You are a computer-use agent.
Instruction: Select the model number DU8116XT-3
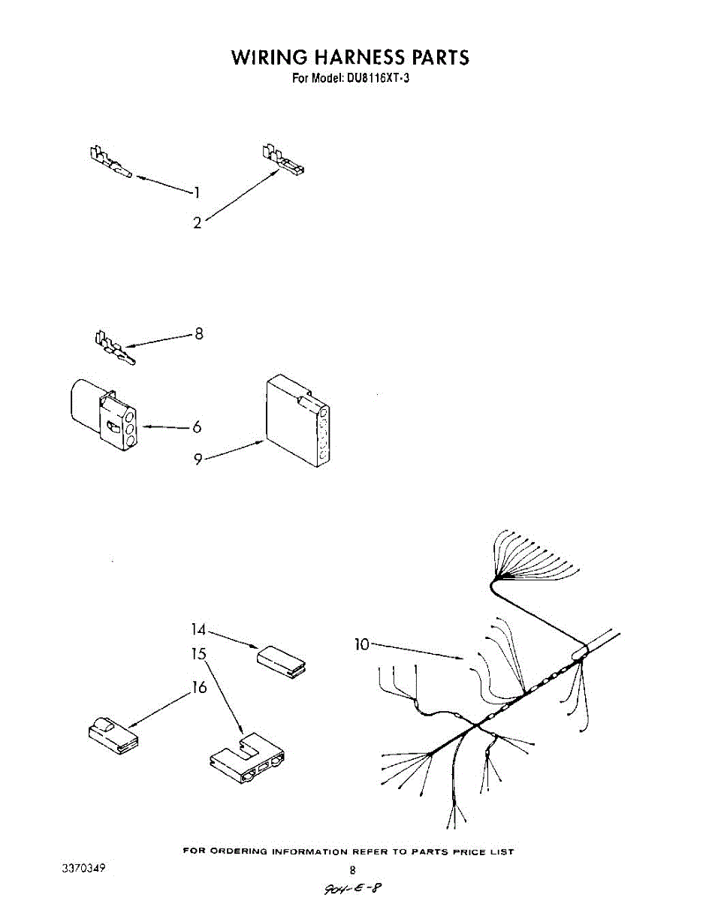coord(373,77)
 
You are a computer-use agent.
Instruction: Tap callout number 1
coord(197,193)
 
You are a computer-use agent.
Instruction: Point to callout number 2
coord(198,222)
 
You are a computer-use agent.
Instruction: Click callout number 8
coord(198,333)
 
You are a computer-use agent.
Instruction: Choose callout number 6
coord(197,426)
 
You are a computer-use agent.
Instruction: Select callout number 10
coord(362,644)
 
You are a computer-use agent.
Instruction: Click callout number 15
coord(198,654)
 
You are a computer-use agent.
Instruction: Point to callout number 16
coord(199,687)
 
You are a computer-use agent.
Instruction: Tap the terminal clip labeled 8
coord(114,348)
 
